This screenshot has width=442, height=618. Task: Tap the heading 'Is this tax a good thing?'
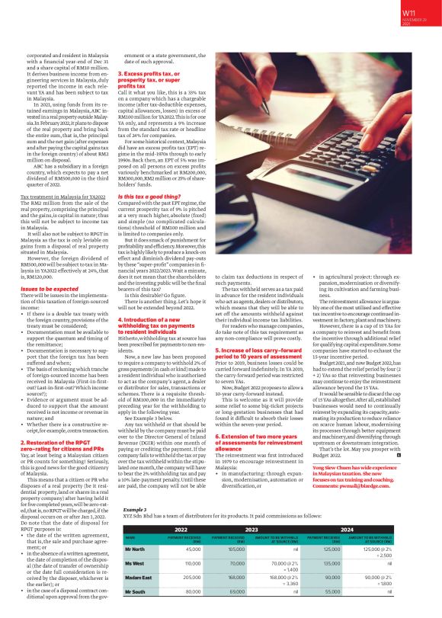[148, 197]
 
